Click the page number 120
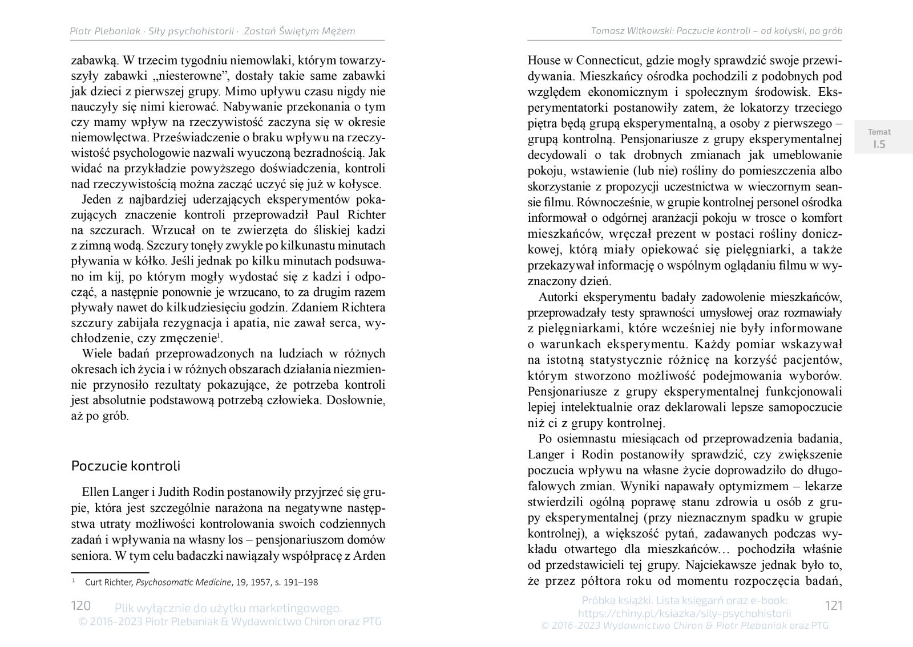click(x=80, y=605)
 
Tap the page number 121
click(x=834, y=605)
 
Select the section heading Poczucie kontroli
click(x=126, y=465)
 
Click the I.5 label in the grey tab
click(x=879, y=144)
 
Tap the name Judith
click(x=177, y=493)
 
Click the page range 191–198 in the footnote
click(x=300, y=583)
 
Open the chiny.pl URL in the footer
click(x=684, y=613)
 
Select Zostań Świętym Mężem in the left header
click(x=299, y=31)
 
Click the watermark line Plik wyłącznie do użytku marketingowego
click(x=228, y=608)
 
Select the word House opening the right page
click(x=544, y=60)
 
